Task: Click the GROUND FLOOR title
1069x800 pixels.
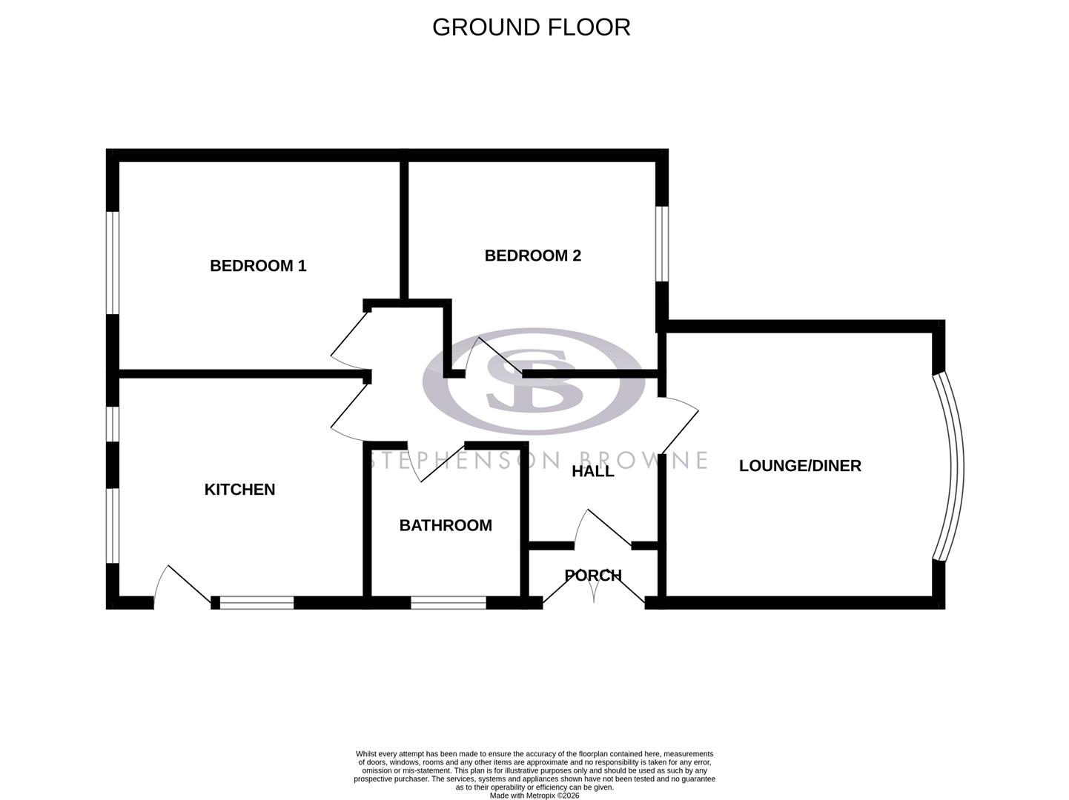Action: point(531,27)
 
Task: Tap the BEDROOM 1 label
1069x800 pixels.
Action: point(258,265)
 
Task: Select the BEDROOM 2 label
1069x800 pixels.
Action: point(532,256)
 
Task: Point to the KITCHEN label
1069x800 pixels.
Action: point(239,490)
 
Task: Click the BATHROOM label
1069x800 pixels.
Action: point(446,525)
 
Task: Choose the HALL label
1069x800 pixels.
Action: point(593,471)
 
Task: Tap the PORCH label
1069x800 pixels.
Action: point(593,575)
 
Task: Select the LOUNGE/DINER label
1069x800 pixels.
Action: point(800,466)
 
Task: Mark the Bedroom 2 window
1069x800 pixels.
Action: point(662,244)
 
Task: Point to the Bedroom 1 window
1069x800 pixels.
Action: point(113,263)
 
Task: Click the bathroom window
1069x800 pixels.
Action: point(448,603)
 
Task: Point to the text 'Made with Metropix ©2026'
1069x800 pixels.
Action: point(534,796)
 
